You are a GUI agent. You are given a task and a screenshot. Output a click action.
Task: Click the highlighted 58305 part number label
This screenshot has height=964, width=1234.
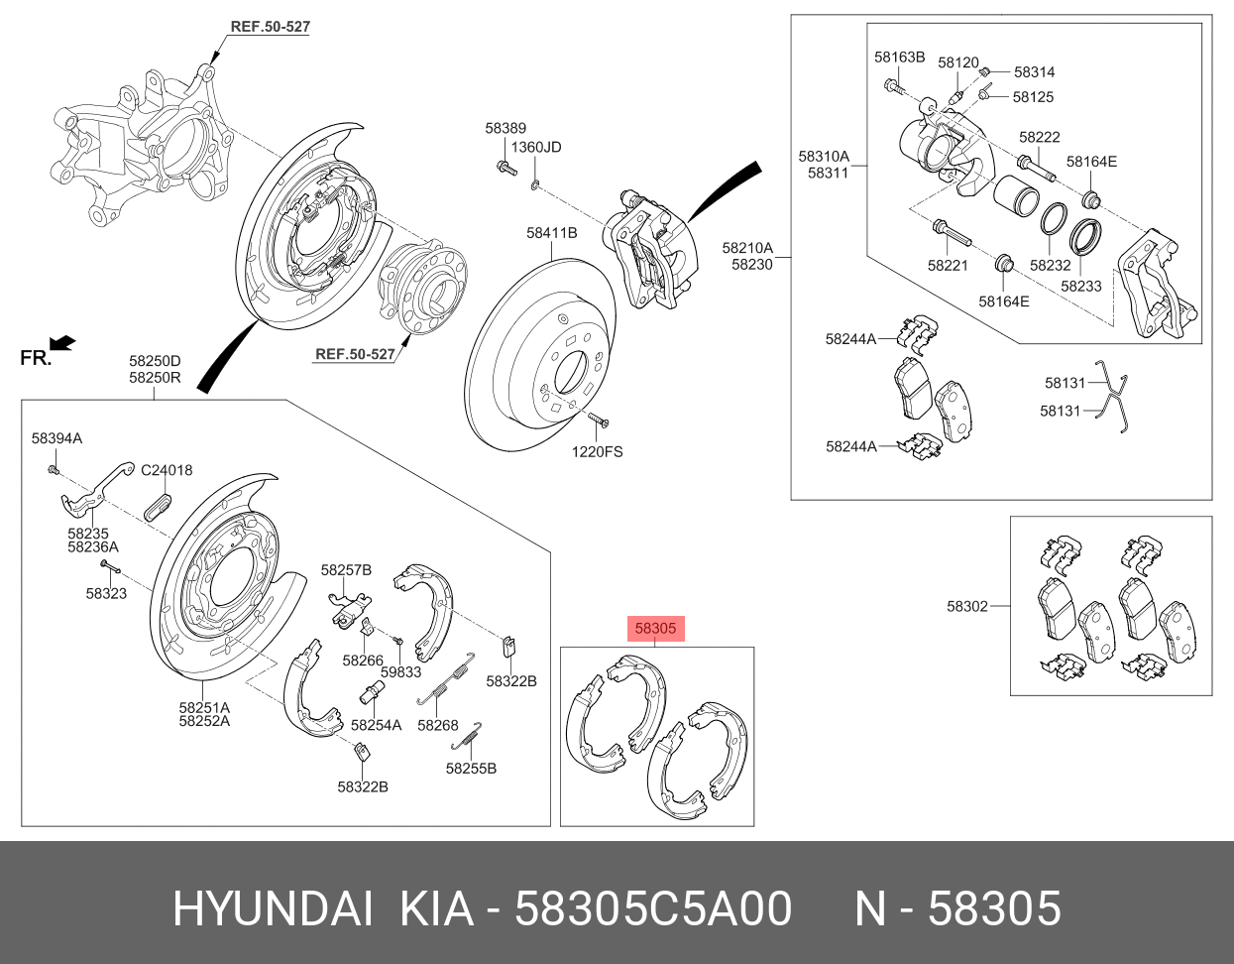click(655, 628)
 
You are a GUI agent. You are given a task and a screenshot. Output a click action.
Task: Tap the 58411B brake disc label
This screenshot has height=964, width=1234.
click(551, 233)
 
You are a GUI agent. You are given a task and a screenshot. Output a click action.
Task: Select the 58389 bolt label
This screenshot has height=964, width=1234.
click(505, 128)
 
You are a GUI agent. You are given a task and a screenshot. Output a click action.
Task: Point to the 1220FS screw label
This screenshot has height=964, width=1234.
click(597, 451)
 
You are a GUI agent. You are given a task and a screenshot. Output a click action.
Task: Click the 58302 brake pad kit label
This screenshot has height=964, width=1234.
click(967, 606)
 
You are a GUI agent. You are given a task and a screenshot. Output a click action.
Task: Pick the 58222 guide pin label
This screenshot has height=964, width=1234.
click(1040, 137)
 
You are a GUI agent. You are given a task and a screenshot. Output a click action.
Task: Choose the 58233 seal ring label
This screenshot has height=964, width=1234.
click(1081, 286)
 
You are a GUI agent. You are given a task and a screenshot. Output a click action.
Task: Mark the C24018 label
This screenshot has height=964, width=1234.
click(167, 470)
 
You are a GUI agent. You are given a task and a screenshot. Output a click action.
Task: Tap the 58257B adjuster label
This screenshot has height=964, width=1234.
click(346, 570)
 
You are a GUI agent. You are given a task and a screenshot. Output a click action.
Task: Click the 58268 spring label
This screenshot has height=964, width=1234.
click(438, 725)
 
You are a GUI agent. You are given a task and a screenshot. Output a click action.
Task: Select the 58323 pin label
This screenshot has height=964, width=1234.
click(106, 593)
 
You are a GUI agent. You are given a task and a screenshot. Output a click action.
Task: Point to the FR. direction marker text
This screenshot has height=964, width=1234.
click(36, 358)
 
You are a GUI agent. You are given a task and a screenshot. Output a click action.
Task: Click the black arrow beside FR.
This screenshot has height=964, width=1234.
click(63, 343)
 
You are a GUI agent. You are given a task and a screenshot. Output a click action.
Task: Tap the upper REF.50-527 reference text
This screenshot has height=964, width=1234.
click(270, 27)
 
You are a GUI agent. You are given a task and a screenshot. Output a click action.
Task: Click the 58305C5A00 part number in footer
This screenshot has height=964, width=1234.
click(654, 908)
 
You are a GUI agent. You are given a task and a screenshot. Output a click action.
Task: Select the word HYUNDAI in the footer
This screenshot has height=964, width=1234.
click(273, 908)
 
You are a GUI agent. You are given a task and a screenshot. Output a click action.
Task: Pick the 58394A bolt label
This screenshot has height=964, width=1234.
click(56, 437)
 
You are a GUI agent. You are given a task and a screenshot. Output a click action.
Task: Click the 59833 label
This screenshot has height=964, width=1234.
click(401, 671)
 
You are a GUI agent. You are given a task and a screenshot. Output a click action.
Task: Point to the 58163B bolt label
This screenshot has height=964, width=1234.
click(899, 57)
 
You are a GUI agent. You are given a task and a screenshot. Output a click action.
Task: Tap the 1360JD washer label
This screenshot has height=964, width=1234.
click(536, 147)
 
